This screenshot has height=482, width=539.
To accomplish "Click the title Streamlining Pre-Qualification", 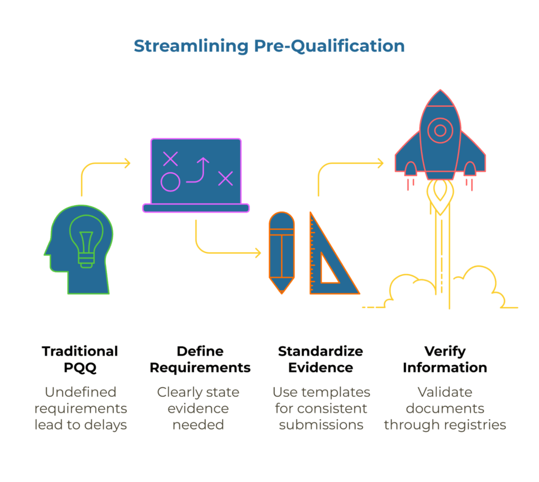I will [269, 46].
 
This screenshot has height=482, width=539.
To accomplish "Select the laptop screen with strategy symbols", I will [195, 172].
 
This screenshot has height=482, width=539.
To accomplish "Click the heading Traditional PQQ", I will [80, 359].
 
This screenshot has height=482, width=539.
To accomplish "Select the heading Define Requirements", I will [200, 359].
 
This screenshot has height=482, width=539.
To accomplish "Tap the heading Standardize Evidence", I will [321, 359].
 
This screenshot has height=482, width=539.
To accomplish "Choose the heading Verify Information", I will [445, 359].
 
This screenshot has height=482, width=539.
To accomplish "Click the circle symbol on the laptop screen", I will [170, 182].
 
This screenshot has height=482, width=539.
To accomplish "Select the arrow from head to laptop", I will [105, 164].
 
